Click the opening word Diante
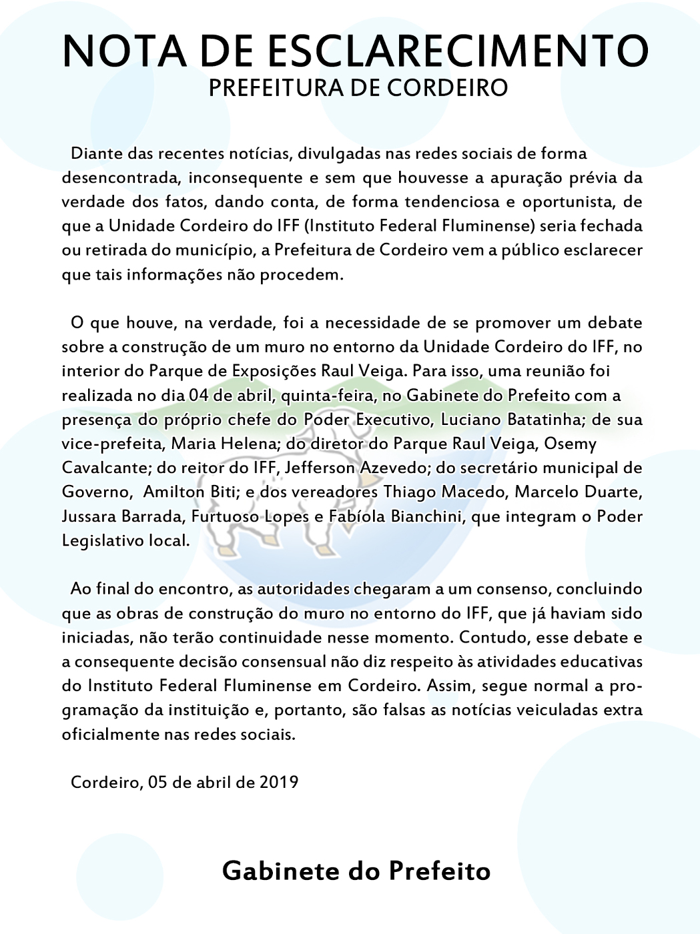point(97,154)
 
